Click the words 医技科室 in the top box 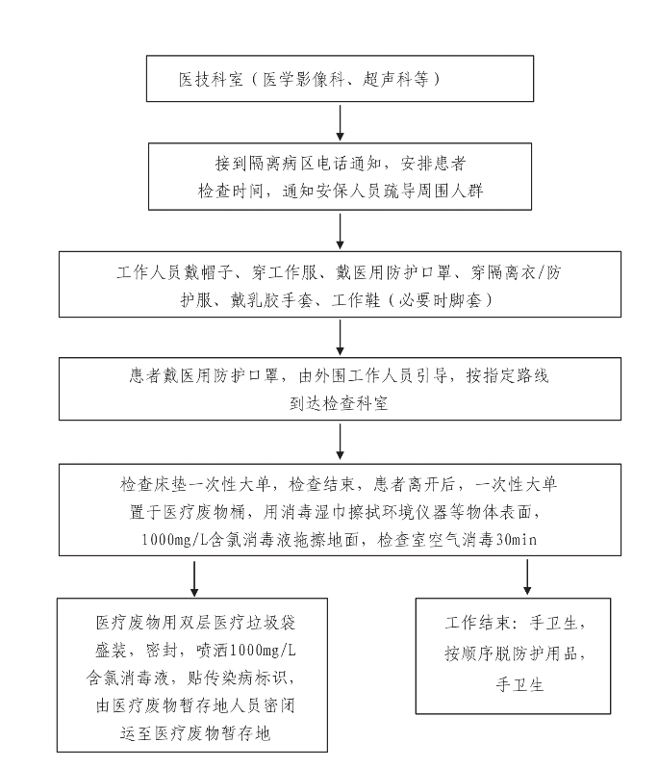tap(211, 79)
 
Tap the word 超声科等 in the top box tap(395, 79)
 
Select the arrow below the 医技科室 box tap(340, 122)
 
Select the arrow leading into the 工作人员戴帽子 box tap(340, 231)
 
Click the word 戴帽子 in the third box tap(208, 272)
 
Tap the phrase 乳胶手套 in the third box tap(280, 299)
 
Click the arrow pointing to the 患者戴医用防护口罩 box tap(340, 338)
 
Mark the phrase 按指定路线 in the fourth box tap(507, 375)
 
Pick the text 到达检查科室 tap(340, 403)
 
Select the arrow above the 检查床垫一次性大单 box tap(340, 442)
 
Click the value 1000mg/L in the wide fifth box tap(175, 539)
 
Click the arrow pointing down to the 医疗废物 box tap(194, 579)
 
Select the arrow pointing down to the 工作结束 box tap(527, 577)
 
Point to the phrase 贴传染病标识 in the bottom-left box tap(240, 678)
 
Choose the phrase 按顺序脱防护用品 tap(511, 653)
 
